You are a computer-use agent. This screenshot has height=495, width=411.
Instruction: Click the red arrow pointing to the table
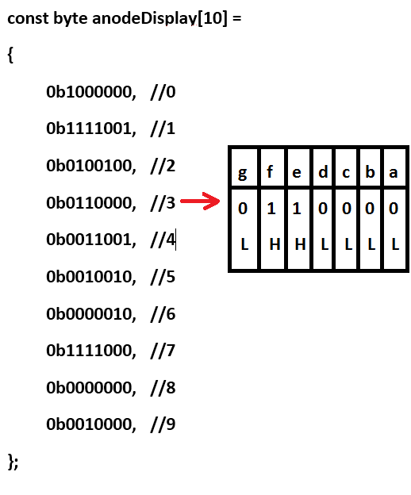(x=200, y=201)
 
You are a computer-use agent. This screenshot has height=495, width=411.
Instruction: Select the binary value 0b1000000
(x=91, y=92)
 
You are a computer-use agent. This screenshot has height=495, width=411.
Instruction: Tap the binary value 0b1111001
(x=91, y=129)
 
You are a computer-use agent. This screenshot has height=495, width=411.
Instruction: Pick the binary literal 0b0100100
(x=91, y=166)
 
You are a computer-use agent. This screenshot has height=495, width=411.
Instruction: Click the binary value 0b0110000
(x=91, y=202)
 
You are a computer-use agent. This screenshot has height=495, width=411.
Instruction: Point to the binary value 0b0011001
(x=91, y=240)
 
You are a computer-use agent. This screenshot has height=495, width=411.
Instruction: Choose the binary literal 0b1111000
(x=91, y=351)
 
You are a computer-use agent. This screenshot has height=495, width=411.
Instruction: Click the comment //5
(x=163, y=277)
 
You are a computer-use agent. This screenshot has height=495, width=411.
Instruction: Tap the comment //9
(x=163, y=424)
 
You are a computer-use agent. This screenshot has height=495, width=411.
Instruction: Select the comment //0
(x=163, y=92)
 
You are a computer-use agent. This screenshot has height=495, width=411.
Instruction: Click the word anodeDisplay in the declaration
(x=144, y=18)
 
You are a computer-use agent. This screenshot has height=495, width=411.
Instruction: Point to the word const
(x=28, y=18)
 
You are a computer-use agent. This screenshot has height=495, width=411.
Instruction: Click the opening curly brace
(x=10, y=56)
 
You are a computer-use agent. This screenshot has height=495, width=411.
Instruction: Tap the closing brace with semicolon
(x=13, y=462)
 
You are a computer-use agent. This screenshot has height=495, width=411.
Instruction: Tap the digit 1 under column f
(x=271, y=209)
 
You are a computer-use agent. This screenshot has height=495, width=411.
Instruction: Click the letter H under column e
(x=300, y=244)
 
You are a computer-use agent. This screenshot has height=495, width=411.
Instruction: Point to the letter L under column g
(x=244, y=244)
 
